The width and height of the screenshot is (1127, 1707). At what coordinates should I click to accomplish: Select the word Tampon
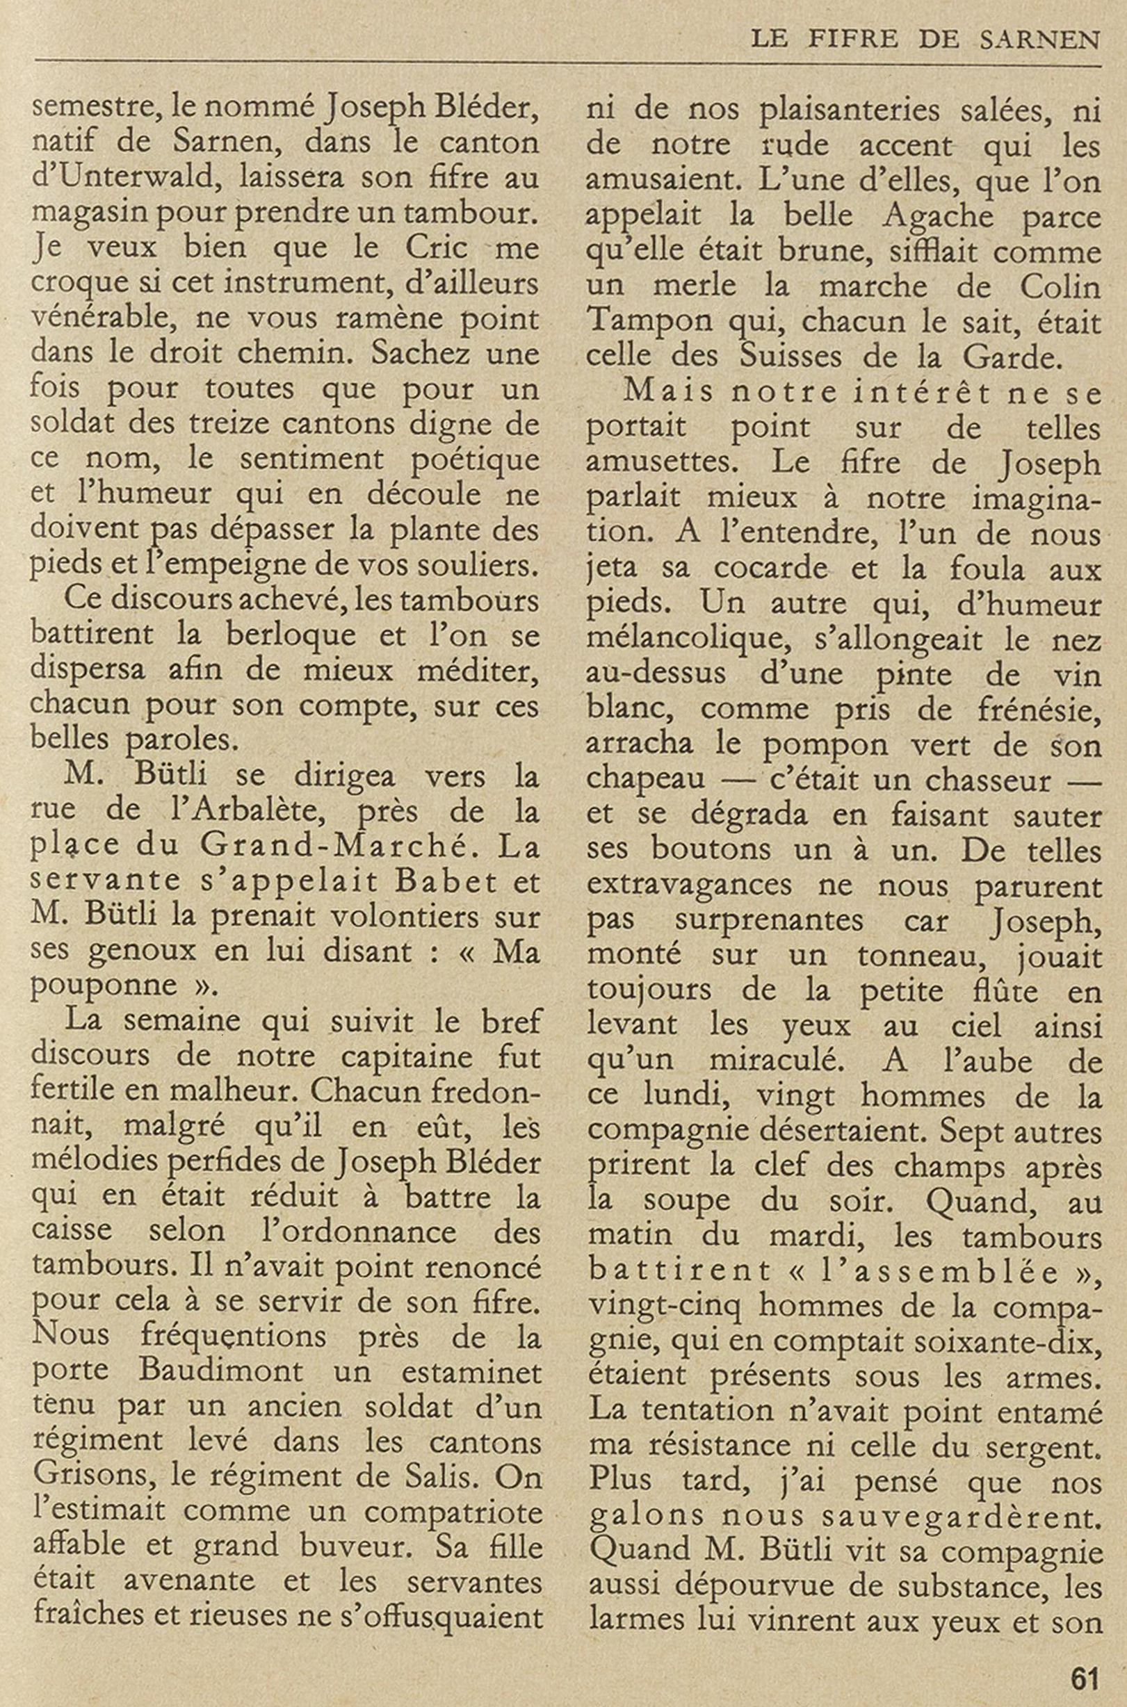coord(647,321)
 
